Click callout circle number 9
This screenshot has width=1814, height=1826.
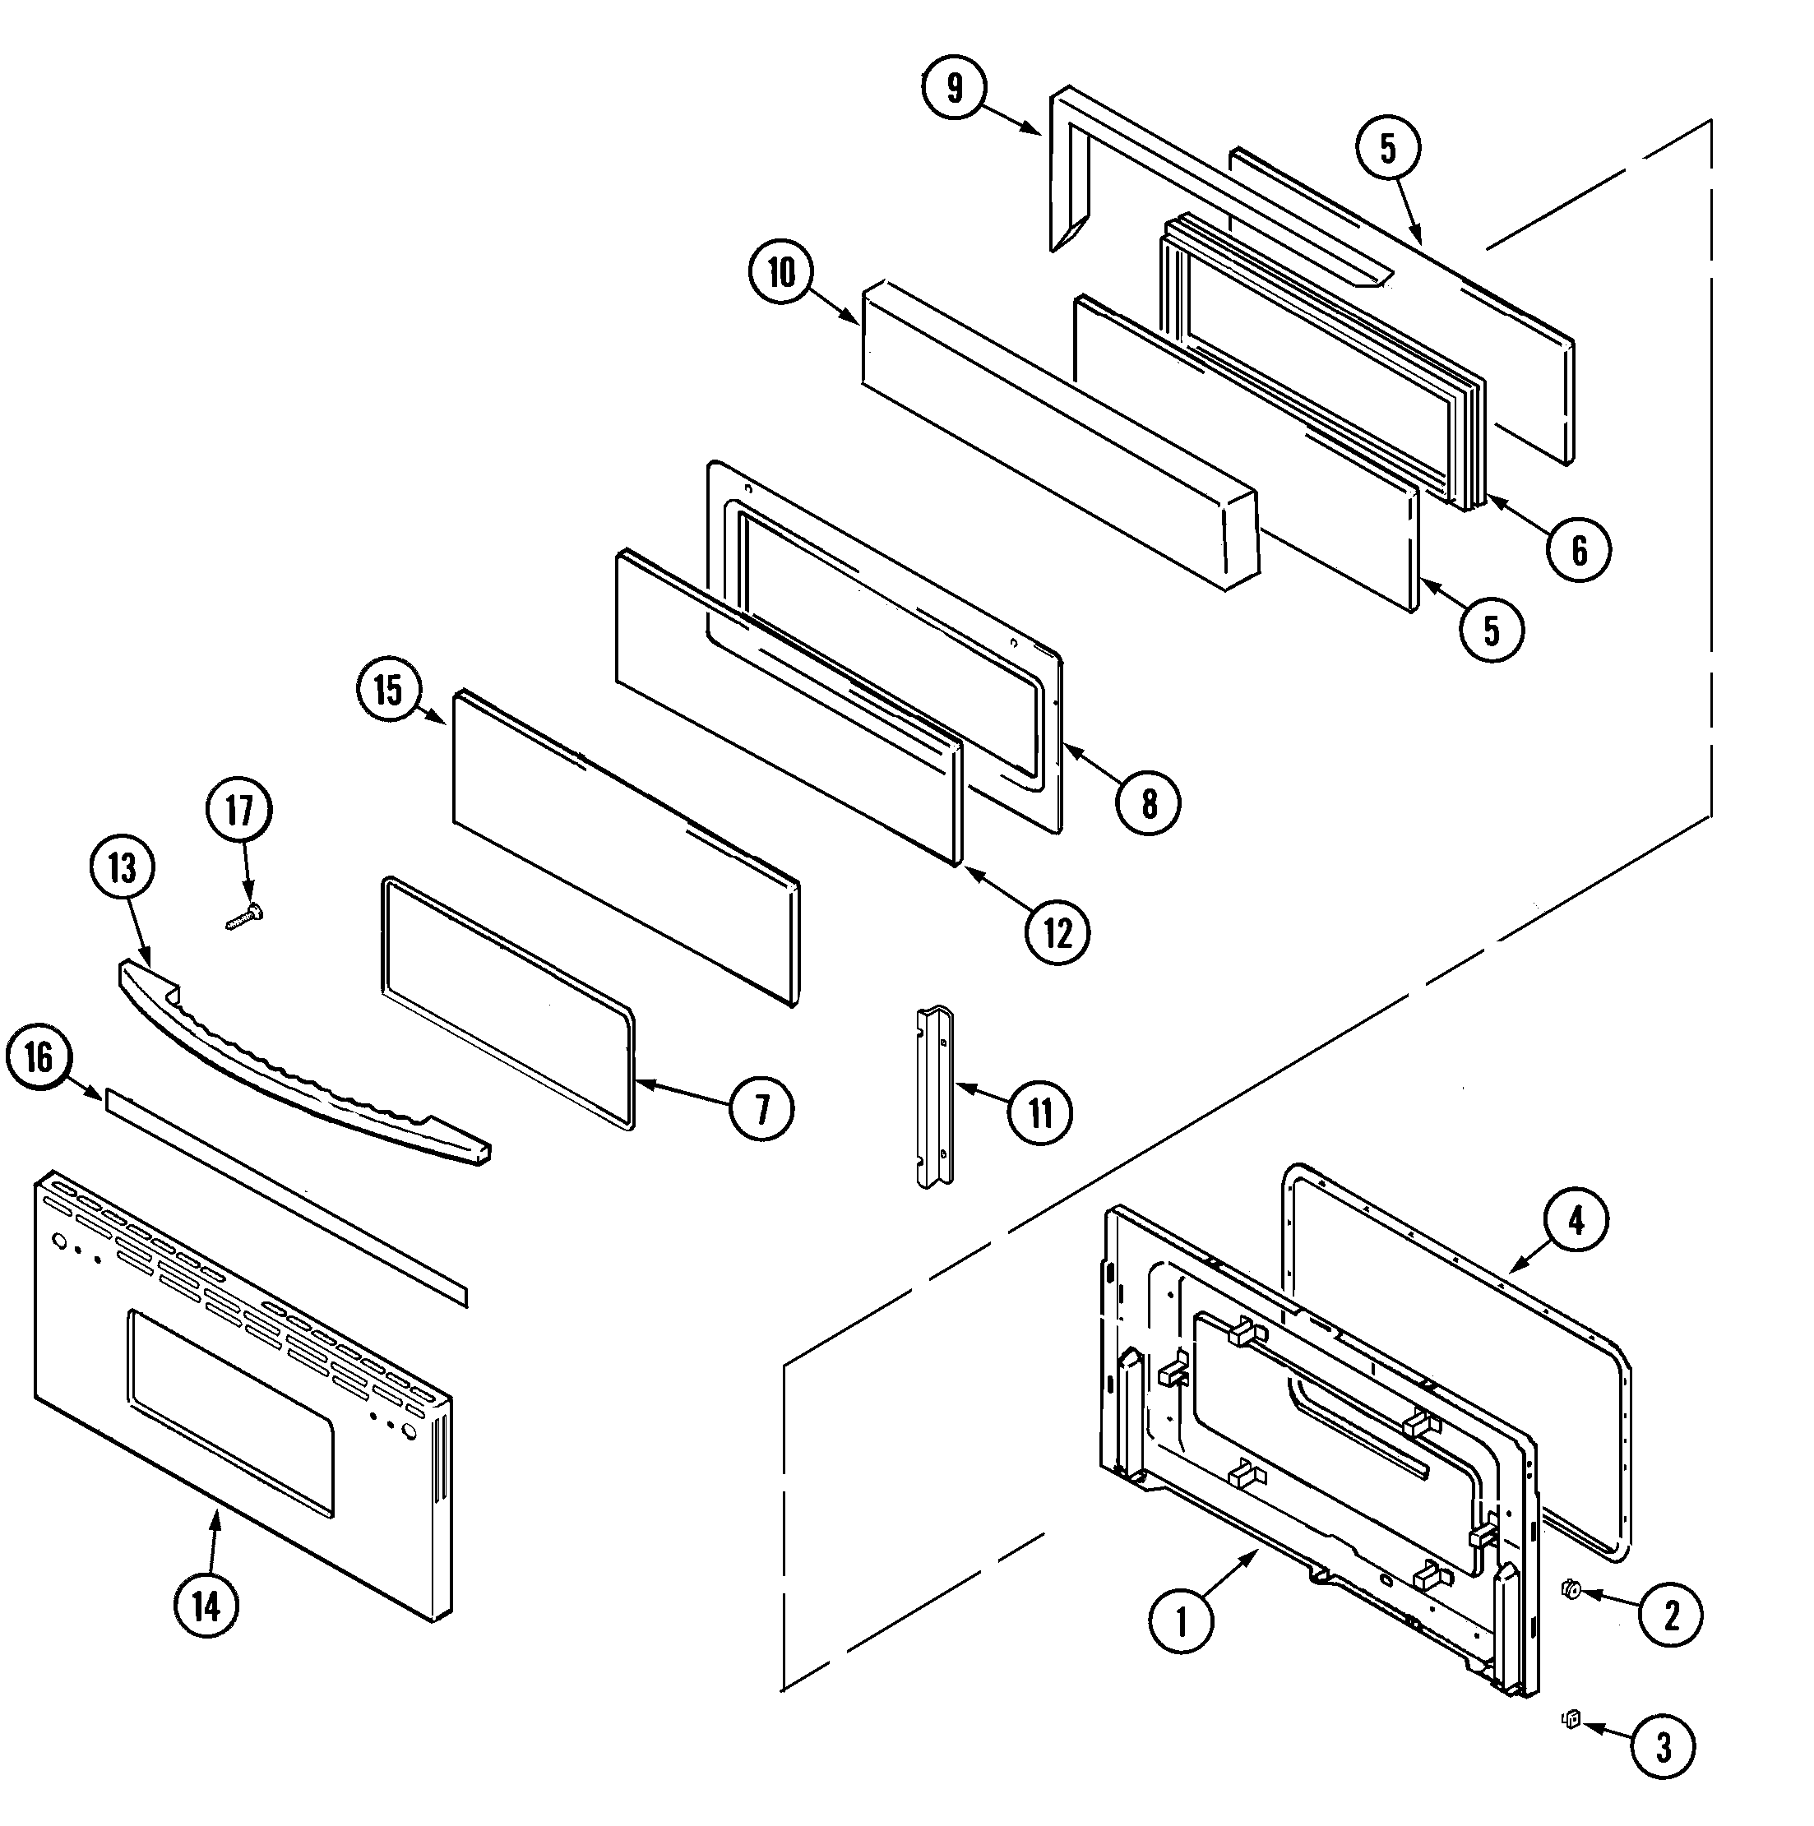pos(955,88)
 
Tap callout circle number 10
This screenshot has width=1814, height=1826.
pos(781,272)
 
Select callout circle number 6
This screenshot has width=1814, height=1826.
pos(1579,549)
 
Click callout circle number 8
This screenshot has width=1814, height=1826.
pos(1149,803)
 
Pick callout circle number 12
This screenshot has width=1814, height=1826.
pos(1057,933)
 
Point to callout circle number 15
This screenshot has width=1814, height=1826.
pos(388,689)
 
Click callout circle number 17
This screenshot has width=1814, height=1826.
pos(239,810)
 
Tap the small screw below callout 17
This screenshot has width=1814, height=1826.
pos(245,916)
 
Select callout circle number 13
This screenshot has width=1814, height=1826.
pos(123,867)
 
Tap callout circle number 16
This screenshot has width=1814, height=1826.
pos(39,1056)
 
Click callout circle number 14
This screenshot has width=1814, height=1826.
pos(206,1606)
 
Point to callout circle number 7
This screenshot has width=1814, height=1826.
pos(762,1107)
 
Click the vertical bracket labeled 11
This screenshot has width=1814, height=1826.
pos(934,1097)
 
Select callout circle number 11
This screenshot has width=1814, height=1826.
pos(1040,1112)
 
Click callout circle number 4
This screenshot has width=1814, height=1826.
pos(1576,1220)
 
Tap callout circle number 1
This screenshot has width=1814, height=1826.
pos(1181,1622)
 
